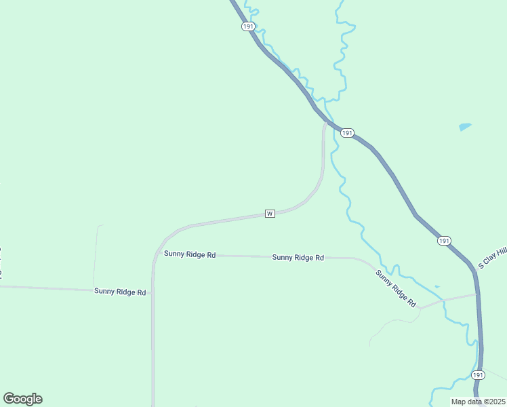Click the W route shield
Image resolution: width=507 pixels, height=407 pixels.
click(x=270, y=214)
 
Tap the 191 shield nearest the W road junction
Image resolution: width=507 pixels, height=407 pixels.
click(x=346, y=133)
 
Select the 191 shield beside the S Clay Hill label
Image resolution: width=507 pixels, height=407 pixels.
click(x=443, y=241)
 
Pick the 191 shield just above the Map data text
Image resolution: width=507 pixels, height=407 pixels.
click(x=478, y=375)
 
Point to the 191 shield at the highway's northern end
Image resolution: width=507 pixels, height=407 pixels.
click(x=247, y=26)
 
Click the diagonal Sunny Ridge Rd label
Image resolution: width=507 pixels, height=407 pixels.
click(x=396, y=288)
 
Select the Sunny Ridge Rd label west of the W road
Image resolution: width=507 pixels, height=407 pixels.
click(x=120, y=292)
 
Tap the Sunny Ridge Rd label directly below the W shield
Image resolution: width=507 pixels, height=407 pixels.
click(x=298, y=258)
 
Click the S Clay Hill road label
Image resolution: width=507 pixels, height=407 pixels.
click(x=493, y=258)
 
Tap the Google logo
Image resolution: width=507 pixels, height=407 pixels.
click(x=22, y=399)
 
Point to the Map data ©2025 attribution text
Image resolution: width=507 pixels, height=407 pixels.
click(x=478, y=402)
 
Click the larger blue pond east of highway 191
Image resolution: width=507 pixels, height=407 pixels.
click(x=465, y=126)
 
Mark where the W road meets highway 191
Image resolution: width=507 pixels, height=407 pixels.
click(x=327, y=122)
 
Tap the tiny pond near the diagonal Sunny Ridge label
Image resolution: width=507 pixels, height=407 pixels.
click(x=437, y=286)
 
